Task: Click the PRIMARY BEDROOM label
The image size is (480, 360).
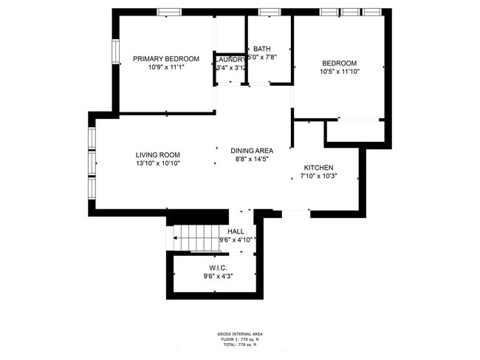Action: tap(165, 58)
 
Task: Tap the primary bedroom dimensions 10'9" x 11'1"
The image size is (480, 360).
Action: tap(165, 67)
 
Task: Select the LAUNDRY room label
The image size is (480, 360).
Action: tap(230, 59)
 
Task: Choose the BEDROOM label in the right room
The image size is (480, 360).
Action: tap(339, 63)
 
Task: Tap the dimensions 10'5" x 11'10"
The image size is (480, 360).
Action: tap(339, 72)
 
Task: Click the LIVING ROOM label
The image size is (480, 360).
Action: tap(157, 154)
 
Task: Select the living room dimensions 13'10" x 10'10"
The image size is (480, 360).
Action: tap(157, 163)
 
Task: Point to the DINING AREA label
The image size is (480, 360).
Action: tap(251, 150)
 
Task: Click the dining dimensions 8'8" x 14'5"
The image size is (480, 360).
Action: tap(251, 159)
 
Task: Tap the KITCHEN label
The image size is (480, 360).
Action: tap(318, 168)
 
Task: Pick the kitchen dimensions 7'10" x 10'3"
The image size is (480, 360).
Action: tap(318, 177)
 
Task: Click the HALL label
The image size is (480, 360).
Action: tap(236, 231)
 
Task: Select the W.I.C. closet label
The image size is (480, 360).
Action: tap(218, 268)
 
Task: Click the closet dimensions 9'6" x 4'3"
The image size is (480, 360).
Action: tap(218, 276)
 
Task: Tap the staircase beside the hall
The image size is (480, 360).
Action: tap(195, 237)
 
